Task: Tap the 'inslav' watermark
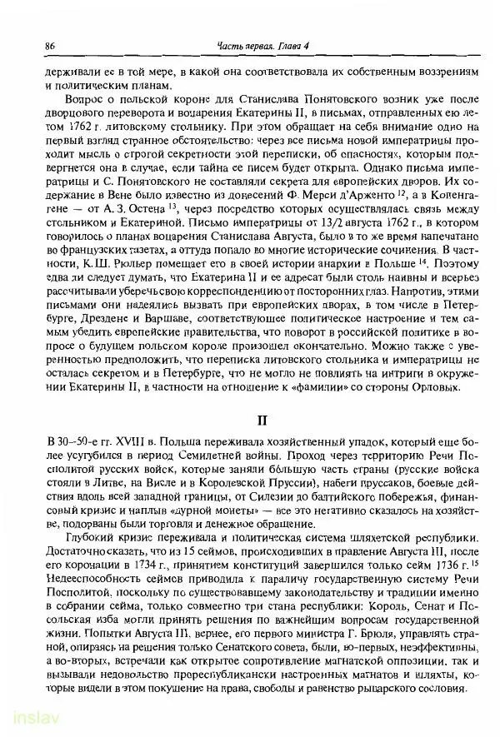[x=27, y=718]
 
